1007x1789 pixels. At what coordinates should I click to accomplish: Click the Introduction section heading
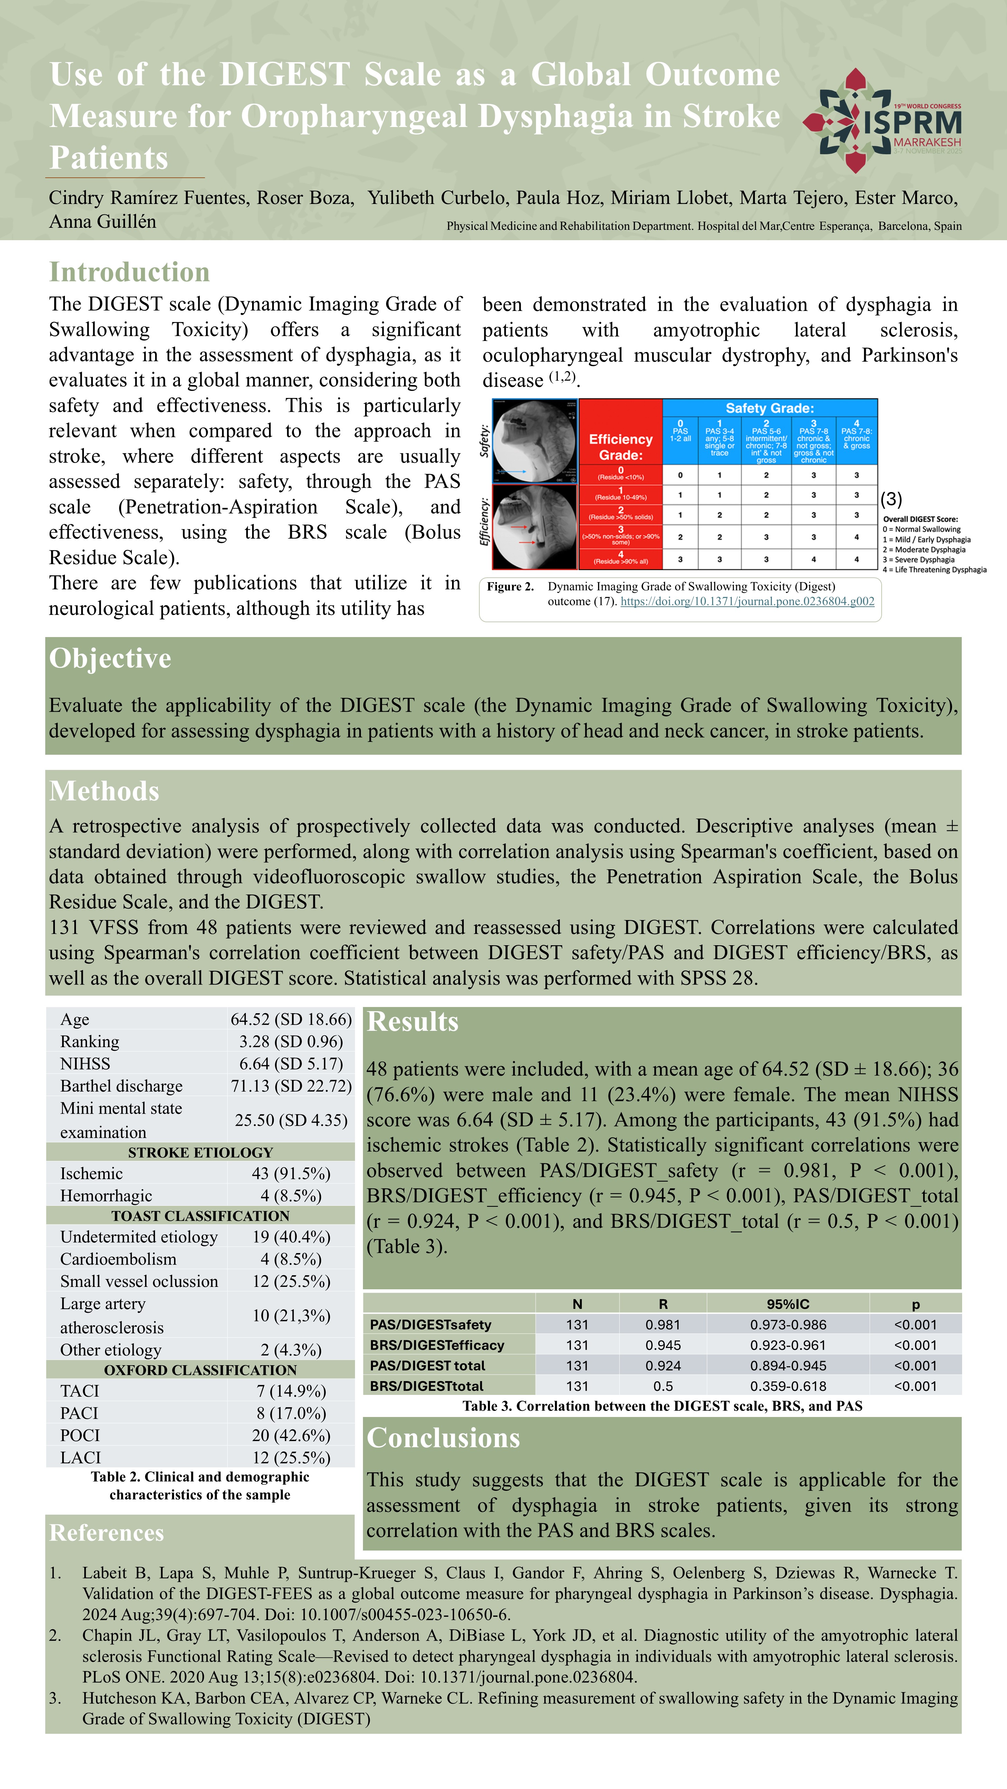click(x=129, y=272)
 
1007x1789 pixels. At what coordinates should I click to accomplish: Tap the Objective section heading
click(x=110, y=658)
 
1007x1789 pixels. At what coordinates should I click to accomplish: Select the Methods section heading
click(x=104, y=791)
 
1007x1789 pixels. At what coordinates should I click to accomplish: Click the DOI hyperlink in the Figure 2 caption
click(x=747, y=602)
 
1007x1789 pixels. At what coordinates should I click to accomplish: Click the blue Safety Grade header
click(x=769, y=408)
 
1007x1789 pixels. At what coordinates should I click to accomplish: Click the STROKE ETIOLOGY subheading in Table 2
click(x=200, y=1152)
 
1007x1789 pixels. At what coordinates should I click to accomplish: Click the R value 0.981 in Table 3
click(x=663, y=1324)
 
